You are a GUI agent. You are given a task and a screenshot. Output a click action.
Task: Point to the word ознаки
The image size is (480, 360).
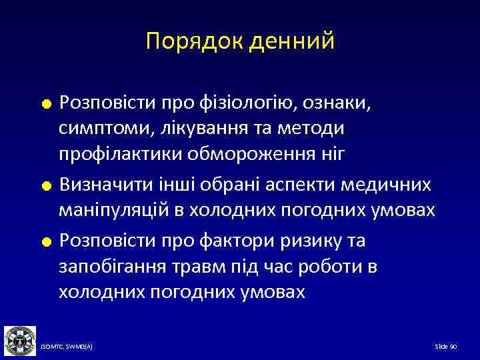click(x=346, y=103)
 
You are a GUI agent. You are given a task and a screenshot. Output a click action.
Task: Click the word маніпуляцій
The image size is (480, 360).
click(x=113, y=211)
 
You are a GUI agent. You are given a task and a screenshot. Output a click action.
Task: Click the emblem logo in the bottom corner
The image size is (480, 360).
click(x=19, y=340)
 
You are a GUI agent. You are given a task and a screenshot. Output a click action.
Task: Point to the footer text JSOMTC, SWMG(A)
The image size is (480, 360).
click(x=67, y=347)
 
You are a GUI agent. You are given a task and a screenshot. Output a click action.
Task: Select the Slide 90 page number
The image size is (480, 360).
click(x=445, y=347)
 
